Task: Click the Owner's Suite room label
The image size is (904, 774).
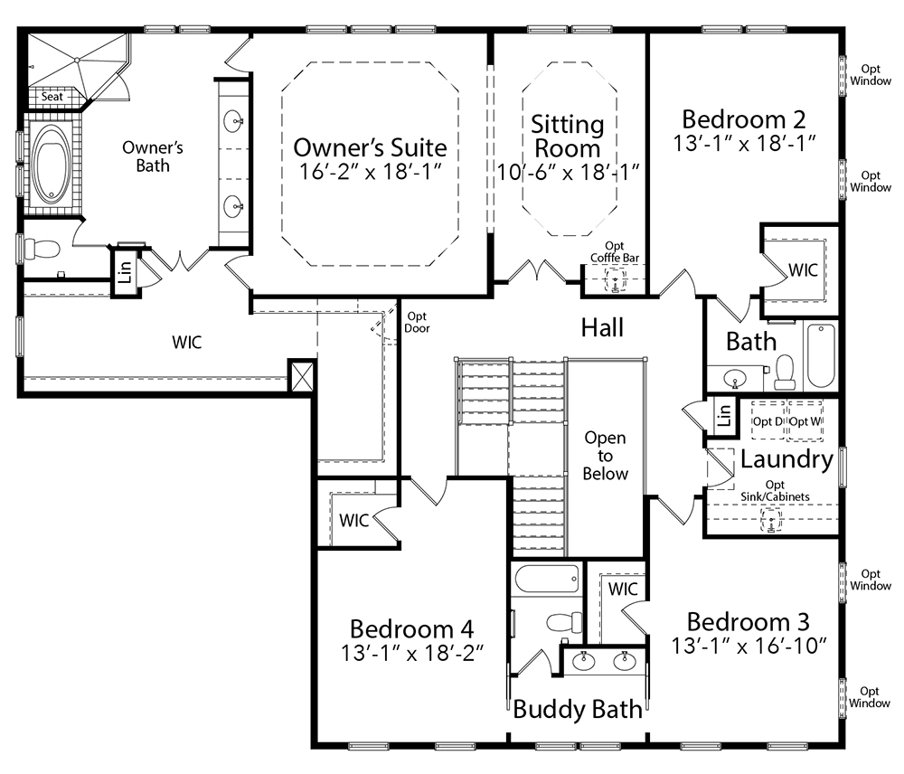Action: (370, 147)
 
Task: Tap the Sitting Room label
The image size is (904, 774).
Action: (568, 137)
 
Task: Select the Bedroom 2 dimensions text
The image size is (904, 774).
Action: (745, 143)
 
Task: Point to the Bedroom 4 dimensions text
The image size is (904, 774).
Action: (412, 654)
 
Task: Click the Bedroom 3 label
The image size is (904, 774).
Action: (749, 622)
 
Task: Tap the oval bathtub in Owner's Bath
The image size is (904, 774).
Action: (52, 164)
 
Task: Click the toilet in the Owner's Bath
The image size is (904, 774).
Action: (42, 250)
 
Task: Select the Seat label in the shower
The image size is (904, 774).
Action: (52, 97)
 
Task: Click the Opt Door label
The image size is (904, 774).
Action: (417, 322)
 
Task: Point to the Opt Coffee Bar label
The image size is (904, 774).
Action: (615, 252)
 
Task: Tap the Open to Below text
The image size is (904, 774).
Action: (605, 456)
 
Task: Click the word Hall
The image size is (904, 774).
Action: (602, 327)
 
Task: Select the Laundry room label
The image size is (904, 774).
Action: (787, 459)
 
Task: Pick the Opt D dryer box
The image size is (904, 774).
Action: (767, 420)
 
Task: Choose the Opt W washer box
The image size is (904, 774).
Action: (805, 420)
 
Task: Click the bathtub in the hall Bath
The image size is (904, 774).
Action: (821, 355)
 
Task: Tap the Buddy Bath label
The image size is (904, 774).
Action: (578, 709)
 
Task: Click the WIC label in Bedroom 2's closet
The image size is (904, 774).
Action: (803, 270)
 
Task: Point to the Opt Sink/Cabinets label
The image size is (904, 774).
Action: (775, 490)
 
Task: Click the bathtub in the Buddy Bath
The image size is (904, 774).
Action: (547, 579)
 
